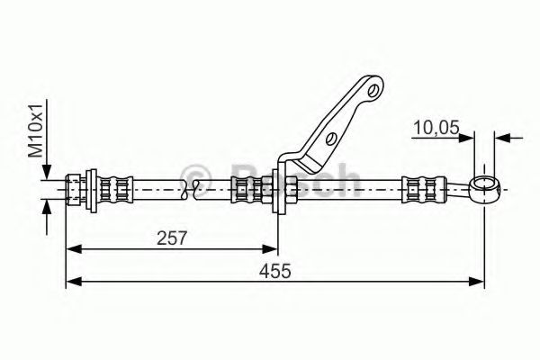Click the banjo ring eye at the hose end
tap(485, 189)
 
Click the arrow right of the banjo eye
tap(503, 138)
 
